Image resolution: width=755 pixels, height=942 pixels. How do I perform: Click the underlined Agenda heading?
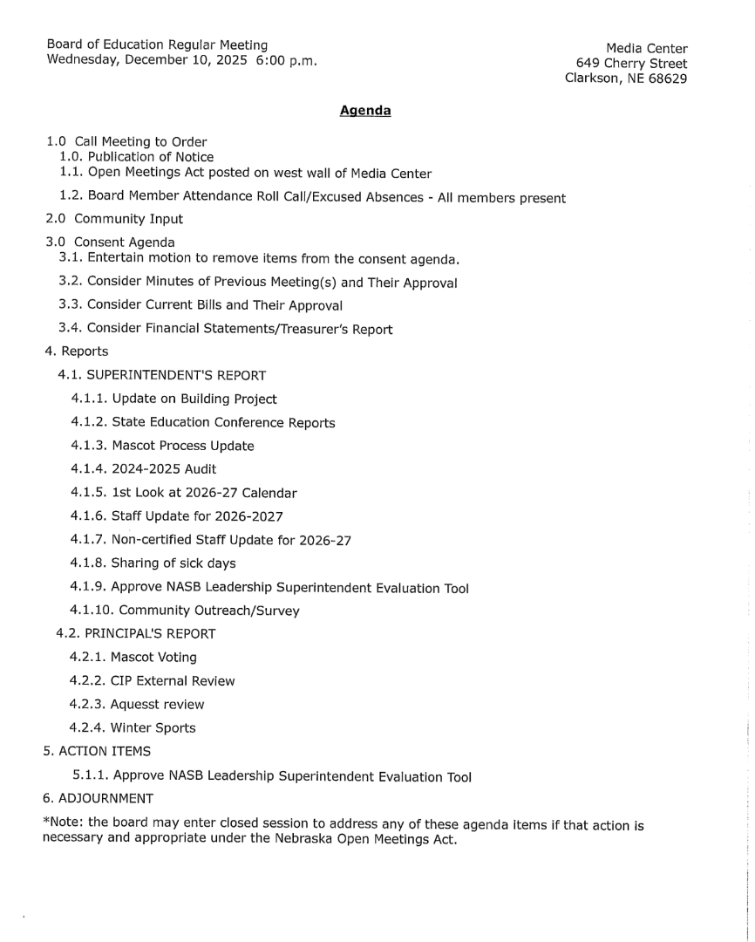click(x=364, y=111)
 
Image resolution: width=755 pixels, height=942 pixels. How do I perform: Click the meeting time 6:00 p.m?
click(x=287, y=60)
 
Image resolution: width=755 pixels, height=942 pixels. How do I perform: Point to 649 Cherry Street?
click(x=631, y=64)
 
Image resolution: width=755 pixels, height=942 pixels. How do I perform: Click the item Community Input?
click(x=128, y=219)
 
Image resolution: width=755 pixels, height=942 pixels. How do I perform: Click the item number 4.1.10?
click(x=91, y=611)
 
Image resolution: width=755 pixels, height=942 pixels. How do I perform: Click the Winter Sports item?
click(x=153, y=728)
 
